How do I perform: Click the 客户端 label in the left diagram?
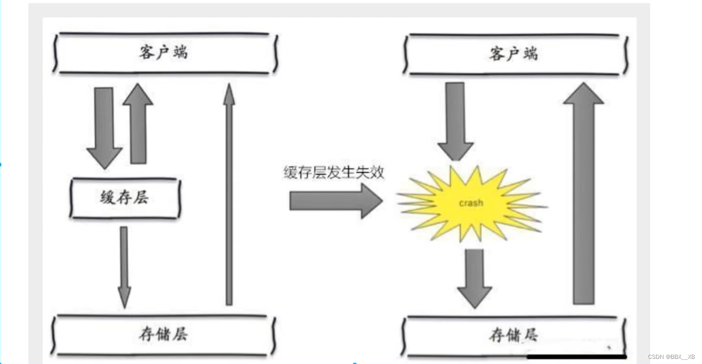coord(163,52)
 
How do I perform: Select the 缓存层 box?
coord(125,198)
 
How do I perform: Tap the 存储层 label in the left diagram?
coord(163,335)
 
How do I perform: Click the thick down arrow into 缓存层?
coord(104,126)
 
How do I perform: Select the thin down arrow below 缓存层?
coord(124,267)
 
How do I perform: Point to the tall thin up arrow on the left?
coord(229,197)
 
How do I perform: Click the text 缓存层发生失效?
coord(334,173)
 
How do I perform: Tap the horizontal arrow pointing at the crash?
coord(336,201)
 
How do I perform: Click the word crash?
coord(470,203)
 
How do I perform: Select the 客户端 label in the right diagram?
coord(514,54)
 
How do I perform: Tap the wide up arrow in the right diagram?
coord(583,197)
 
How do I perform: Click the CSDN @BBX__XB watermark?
coord(672,357)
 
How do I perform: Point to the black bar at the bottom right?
coord(576,357)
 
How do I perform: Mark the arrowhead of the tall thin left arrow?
coord(229,94)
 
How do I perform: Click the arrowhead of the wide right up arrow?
coord(583,94)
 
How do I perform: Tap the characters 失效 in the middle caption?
coord(373,173)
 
